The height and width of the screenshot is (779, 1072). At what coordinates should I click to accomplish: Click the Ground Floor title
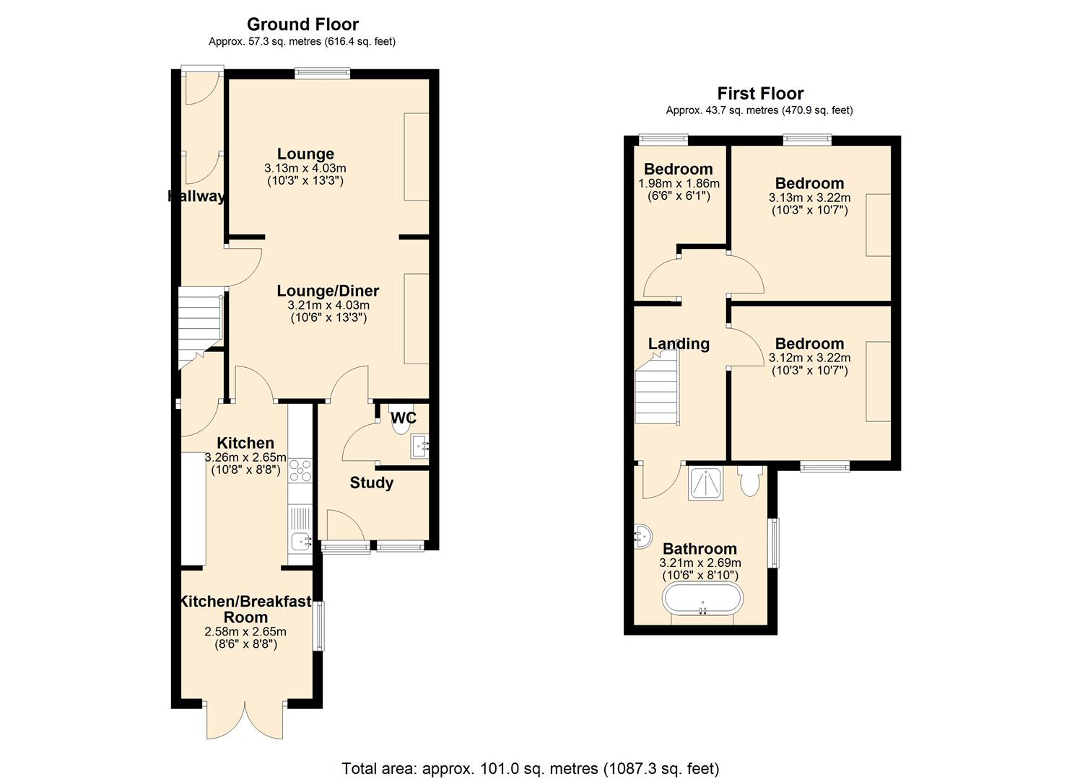pyautogui.click(x=302, y=25)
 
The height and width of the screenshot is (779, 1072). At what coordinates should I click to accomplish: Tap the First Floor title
pyautogui.click(x=760, y=93)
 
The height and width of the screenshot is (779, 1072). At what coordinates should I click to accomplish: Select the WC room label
pyautogui.click(x=404, y=418)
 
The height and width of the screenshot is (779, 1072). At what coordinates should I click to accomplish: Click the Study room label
pyautogui.click(x=371, y=483)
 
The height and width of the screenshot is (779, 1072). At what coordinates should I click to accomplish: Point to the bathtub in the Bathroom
pyautogui.click(x=702, y=598)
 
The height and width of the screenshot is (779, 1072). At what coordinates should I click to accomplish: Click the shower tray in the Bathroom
pyautogui.click(x=706, y=483)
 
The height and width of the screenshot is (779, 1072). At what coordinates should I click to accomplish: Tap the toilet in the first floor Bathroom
pyautogui.click(x=749, y=482)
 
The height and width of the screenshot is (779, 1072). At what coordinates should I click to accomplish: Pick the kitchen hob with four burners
pyautogui.click(x=300, y=470)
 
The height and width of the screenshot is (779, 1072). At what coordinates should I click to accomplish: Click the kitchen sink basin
pyautogui.click(x=300, y=542)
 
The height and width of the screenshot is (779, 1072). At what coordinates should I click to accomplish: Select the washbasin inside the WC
pyautogui.click(x=419, y=446)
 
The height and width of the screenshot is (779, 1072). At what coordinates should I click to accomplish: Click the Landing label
pyautogui.click(x=679, y=344)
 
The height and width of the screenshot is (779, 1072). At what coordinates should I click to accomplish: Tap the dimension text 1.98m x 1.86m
pyautogui.click(x=679, y=183)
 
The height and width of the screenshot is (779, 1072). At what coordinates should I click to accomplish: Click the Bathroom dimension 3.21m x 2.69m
pyautogui.click(x=700, y=563)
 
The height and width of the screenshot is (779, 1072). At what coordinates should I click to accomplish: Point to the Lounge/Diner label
pyautogui.click(x=328, y=291)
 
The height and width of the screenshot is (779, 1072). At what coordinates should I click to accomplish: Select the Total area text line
pyautogui.click(x=531, y=756)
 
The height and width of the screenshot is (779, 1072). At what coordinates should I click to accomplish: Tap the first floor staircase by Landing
pyautogui.click(x=657, y=387)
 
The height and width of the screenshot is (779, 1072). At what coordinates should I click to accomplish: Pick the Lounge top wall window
pyautogui.click(x=322, y=73)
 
